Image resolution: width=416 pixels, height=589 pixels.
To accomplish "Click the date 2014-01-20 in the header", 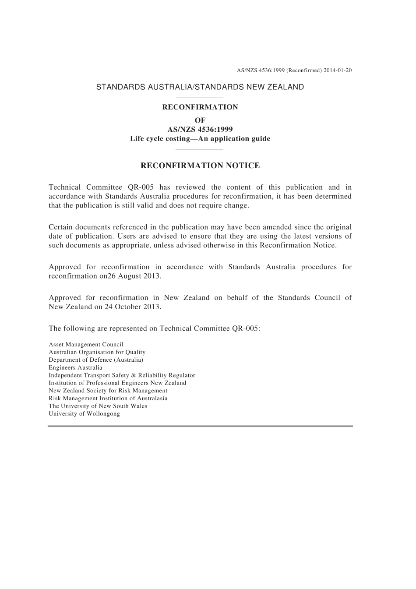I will (338, 70).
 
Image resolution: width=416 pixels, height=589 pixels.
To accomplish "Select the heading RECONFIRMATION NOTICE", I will (200, 166).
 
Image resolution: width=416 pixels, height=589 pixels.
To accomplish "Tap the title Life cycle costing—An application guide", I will (200, 139).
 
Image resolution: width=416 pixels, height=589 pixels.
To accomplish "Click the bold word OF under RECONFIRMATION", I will (200, 120).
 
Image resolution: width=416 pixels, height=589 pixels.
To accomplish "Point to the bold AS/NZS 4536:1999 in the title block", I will (200, 129).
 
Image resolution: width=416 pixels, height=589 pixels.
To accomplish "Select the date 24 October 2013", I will (132, 307).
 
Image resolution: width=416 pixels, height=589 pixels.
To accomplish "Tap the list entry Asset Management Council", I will (86, 345).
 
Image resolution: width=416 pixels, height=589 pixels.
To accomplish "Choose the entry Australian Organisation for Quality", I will (97, 352).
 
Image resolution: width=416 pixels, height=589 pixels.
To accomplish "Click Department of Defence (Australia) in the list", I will (96, 360).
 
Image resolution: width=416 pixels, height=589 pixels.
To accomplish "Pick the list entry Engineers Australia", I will (75, 368).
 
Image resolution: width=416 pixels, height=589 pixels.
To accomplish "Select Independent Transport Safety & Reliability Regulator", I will (122, 375).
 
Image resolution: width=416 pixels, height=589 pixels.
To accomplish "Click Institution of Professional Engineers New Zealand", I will (117, 383).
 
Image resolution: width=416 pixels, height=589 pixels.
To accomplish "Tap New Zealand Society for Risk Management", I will (108, 391).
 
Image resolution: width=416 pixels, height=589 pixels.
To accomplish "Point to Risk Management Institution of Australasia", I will (108, 399).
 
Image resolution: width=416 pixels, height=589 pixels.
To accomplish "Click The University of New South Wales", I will (98, 406).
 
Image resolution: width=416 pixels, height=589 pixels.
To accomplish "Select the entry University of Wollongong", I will (84, 414).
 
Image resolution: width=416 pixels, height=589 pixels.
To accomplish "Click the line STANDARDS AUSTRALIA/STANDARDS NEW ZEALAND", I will (200, 87).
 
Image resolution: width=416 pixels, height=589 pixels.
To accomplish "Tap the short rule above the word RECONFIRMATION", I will (199, 98).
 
